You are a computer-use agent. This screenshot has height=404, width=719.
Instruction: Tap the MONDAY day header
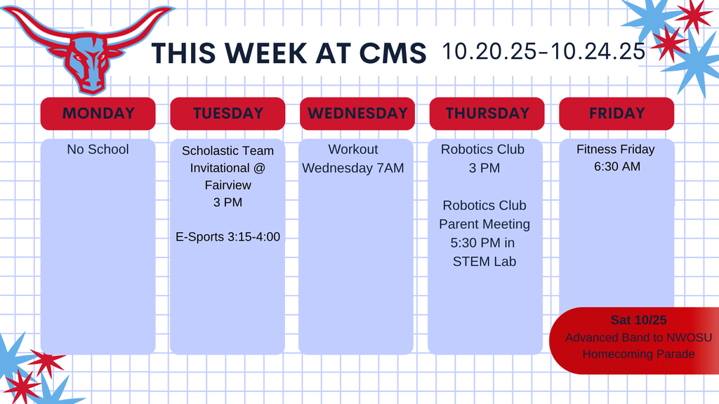coord(98,113)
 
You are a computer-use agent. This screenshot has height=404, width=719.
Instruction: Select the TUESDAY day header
coord(227,113)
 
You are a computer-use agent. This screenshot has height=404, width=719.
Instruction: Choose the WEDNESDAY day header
coord(357,113)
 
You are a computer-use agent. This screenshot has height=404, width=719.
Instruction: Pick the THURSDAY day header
coord(487,113)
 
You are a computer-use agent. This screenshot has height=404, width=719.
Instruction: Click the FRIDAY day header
coord(616,113)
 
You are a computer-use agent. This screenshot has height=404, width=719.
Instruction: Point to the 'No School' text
coord(98,149)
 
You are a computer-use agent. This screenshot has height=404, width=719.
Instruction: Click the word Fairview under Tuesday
coord(227,186)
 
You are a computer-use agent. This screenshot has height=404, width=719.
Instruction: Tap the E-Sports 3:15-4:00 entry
coord(227,237)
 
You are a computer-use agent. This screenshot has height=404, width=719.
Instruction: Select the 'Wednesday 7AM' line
coord(353,168)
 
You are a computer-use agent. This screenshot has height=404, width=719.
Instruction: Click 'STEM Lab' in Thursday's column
coord(484,262)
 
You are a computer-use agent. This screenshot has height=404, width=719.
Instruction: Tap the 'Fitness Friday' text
coord(615,149)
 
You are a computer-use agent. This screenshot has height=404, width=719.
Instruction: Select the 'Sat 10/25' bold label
coord(638,320)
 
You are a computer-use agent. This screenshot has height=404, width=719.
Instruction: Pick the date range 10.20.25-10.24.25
coord(543,51)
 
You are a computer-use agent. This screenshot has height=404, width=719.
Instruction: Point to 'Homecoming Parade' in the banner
coord(638,354)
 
